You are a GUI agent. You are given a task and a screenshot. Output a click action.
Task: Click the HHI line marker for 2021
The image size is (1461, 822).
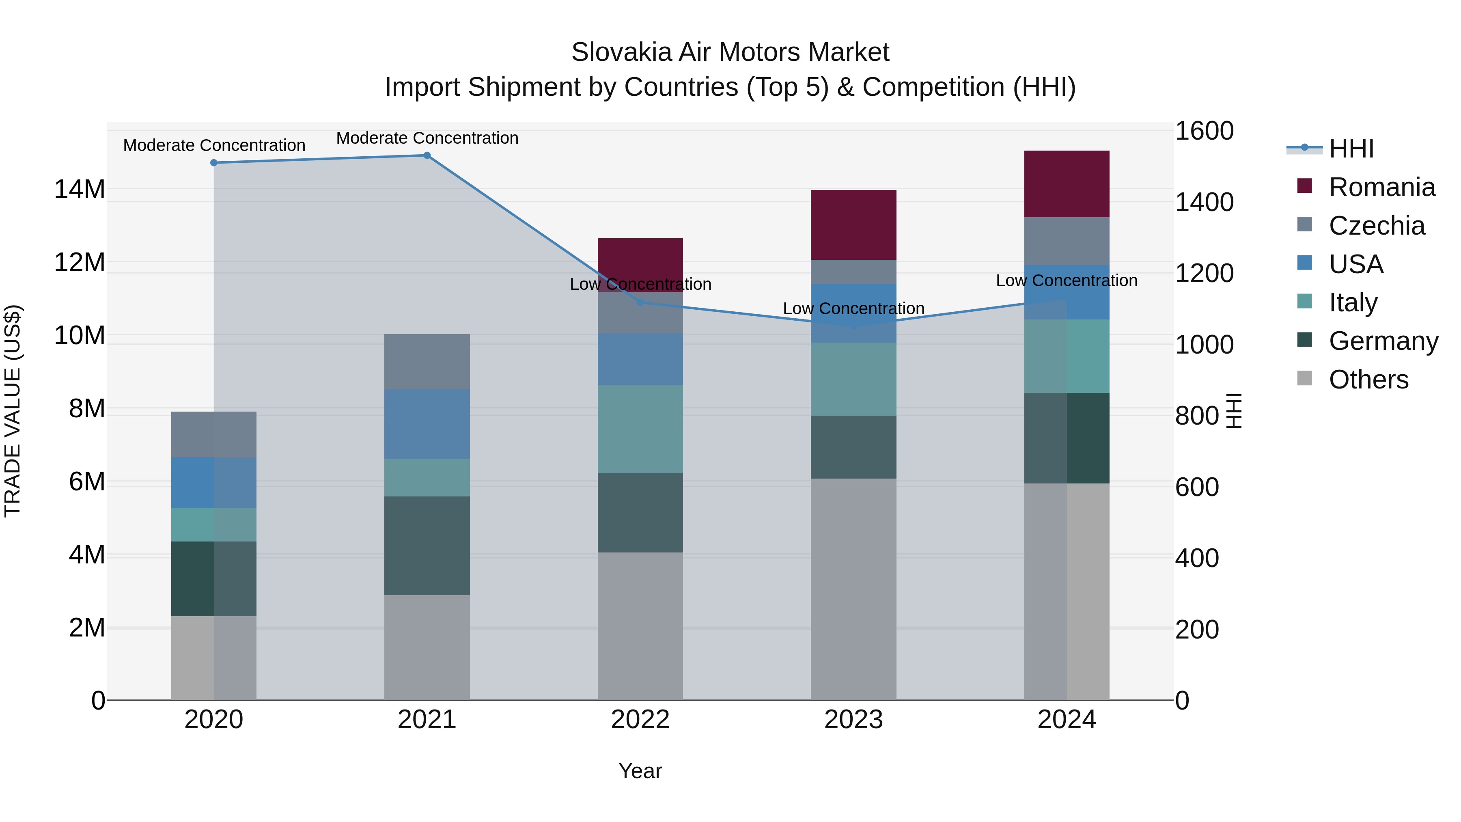coord(427,155)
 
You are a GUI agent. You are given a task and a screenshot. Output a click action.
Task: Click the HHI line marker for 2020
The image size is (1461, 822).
coord(214,163)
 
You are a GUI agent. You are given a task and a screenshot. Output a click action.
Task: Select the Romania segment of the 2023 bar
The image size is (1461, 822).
coord(853,224)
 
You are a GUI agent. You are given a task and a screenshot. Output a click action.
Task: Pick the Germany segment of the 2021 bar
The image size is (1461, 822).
coord(427,545)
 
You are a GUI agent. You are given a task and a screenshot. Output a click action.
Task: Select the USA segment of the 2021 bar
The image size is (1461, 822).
coord(427,424)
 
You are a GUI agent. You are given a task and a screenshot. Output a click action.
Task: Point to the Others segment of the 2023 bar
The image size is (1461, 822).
coord(853,589)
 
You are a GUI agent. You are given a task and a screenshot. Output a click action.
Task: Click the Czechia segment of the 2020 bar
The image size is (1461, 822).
coord(214,434)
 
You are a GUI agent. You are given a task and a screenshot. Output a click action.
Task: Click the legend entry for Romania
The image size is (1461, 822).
coord(1381,187)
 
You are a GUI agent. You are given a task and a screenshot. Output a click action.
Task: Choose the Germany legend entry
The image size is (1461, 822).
coord(1383,341)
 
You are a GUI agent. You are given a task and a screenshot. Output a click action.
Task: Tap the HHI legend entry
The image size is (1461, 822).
coord(1351,149)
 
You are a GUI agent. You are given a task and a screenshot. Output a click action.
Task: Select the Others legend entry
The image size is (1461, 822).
coord(1368,380)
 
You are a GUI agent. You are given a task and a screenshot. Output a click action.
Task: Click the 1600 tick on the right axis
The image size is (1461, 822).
coord(1204,131)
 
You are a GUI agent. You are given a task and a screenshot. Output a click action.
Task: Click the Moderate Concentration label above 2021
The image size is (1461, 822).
coord(427,138)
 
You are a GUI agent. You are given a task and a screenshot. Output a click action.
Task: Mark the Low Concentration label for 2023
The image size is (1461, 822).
coord(853,309)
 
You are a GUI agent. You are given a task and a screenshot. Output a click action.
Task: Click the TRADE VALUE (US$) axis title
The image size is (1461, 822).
coord(13,411)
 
